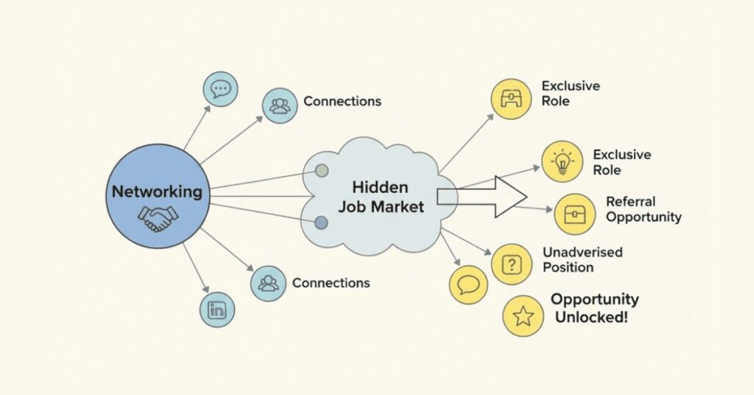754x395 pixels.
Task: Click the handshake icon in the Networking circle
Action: pos(158,218)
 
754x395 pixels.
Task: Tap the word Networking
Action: pos(157,192)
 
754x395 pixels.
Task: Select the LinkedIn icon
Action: pos(217,310)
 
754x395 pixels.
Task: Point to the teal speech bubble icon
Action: pos(220,90)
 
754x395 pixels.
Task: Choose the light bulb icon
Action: pos(562,162)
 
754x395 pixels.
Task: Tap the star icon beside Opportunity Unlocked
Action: pos(523,316)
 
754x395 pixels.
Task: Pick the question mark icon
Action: pos(511,264)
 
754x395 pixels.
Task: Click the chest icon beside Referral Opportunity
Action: pos(574,214)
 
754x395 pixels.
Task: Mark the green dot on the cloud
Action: pos(322,171)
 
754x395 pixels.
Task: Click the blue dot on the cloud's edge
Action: pos(321,223)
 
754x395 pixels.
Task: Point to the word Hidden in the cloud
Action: pos(380,187)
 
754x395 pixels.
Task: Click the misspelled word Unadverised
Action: pos(582,252)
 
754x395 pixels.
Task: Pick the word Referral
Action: pos(630,201)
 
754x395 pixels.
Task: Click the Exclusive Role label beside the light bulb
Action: pos(621,162)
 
